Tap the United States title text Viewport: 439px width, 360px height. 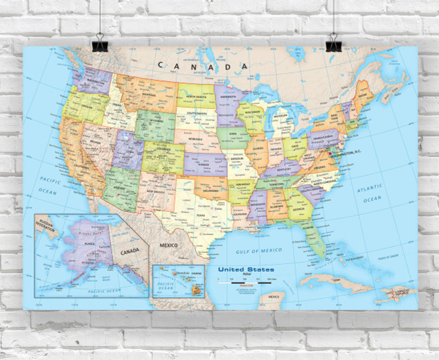pos(246,270)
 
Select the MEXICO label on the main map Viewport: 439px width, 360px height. pos(169,244)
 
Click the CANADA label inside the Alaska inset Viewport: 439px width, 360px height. pos(128,250)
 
